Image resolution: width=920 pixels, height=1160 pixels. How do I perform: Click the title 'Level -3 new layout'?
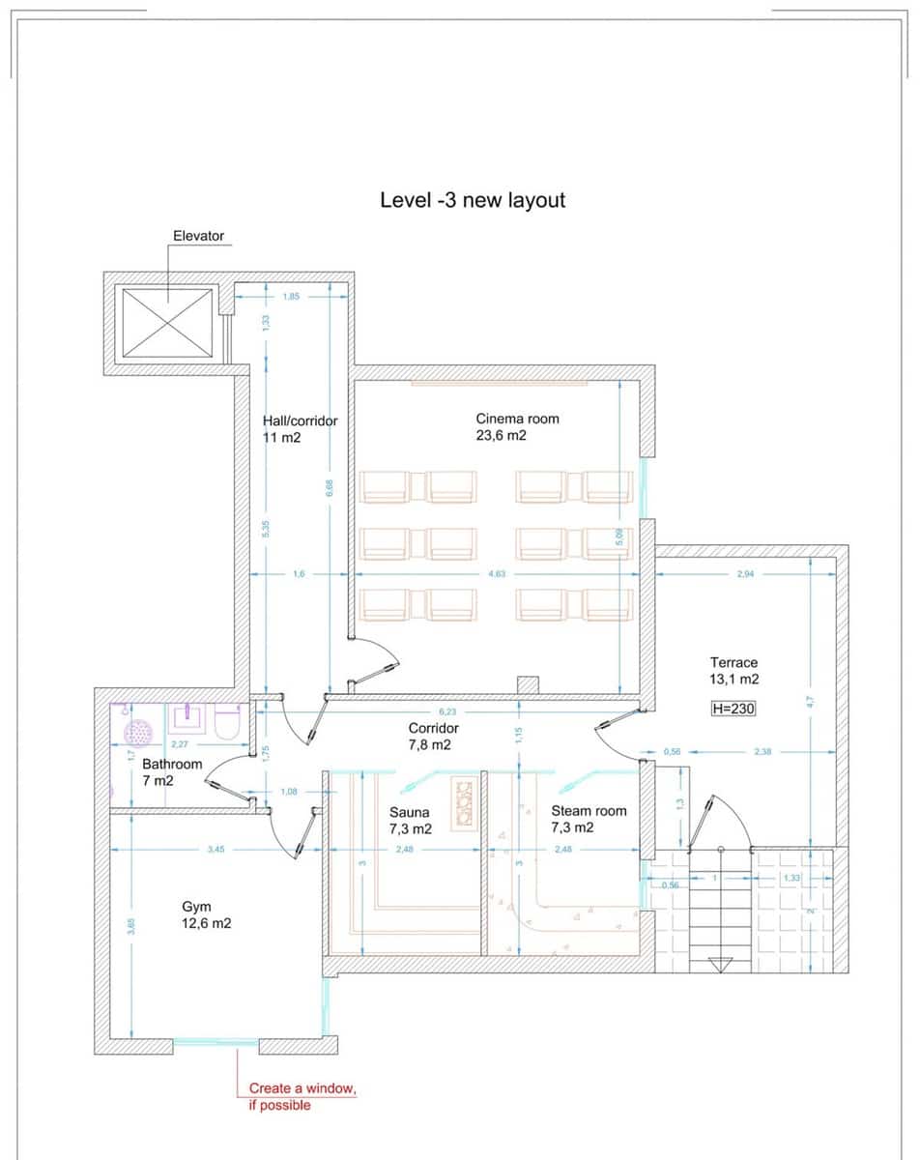(473, 200)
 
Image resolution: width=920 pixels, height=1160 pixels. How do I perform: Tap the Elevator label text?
(198, 236)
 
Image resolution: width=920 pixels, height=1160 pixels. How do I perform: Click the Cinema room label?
(516, 427)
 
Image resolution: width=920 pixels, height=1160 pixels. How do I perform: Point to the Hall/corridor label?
(300, 429)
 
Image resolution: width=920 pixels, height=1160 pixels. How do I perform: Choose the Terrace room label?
(733, 671)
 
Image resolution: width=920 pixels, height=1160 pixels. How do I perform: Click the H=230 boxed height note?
(733, 709)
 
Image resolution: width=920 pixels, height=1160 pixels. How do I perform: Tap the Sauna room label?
(410, 821)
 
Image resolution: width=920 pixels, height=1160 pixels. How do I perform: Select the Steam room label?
(589, 820)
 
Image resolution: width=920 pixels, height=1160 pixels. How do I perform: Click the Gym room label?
(206, 915)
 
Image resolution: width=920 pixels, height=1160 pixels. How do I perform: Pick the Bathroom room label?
(172, 771)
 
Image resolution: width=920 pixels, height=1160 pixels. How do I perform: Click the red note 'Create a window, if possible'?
(302, 1097)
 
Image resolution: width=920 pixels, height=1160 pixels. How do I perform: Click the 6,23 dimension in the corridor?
(446, 711)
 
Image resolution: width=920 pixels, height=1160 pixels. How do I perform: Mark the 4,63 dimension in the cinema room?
(497, 574)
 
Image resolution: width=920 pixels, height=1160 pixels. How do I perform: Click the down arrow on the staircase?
(720, 964)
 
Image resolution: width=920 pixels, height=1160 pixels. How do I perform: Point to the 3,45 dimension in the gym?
(216, 850)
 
